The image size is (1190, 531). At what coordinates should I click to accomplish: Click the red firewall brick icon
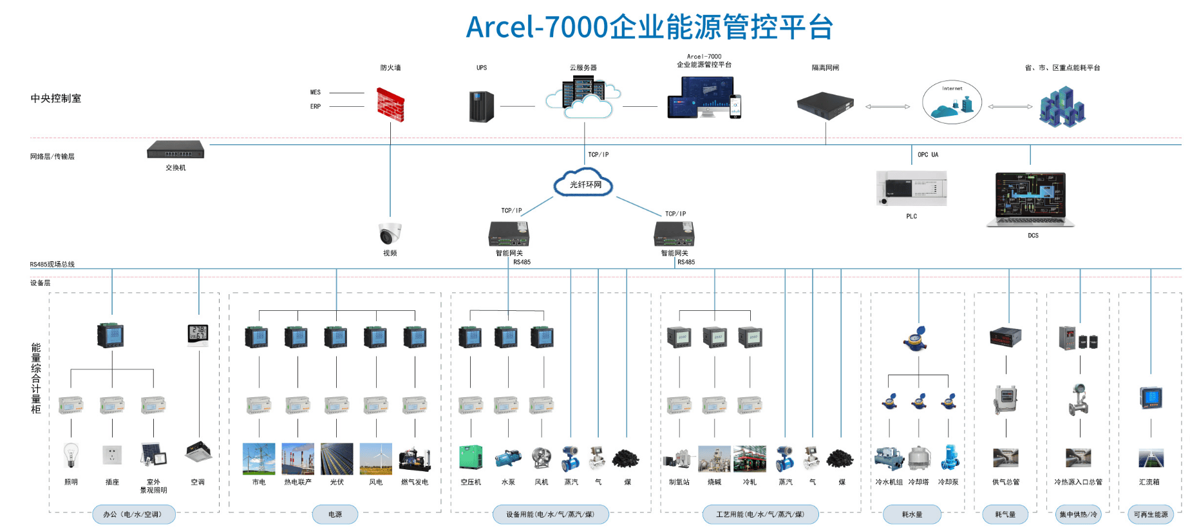coord(390,106)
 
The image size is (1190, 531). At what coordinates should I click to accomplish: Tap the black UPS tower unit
coord(482,106)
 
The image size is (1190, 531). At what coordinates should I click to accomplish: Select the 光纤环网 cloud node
coord(584,184)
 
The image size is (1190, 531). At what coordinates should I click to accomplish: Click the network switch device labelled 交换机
coord(175,150)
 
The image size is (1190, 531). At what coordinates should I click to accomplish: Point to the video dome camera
coord(390,233)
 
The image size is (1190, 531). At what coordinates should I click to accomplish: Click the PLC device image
coord(911,189)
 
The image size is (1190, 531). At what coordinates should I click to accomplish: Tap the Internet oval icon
coord(952,102)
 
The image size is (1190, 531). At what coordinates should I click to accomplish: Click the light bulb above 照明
coord(71,455)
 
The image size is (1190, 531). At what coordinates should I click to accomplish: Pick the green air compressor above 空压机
coord(471,457)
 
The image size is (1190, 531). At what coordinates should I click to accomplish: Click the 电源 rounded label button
coord(335,514)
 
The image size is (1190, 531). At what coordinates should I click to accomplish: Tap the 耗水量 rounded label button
coord(912,514)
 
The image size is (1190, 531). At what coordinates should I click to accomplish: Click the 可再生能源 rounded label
coord(1151,514)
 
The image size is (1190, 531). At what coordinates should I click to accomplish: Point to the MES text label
coord(316,92)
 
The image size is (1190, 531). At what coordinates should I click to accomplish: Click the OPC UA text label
coord(928,154)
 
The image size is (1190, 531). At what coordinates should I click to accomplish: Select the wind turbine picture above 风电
coord(376,458)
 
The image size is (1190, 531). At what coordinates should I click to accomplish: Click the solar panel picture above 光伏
coord(337,458)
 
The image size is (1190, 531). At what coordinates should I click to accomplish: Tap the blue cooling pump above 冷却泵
coord(949,457)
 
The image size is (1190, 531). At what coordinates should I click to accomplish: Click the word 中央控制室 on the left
coord(56,98)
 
